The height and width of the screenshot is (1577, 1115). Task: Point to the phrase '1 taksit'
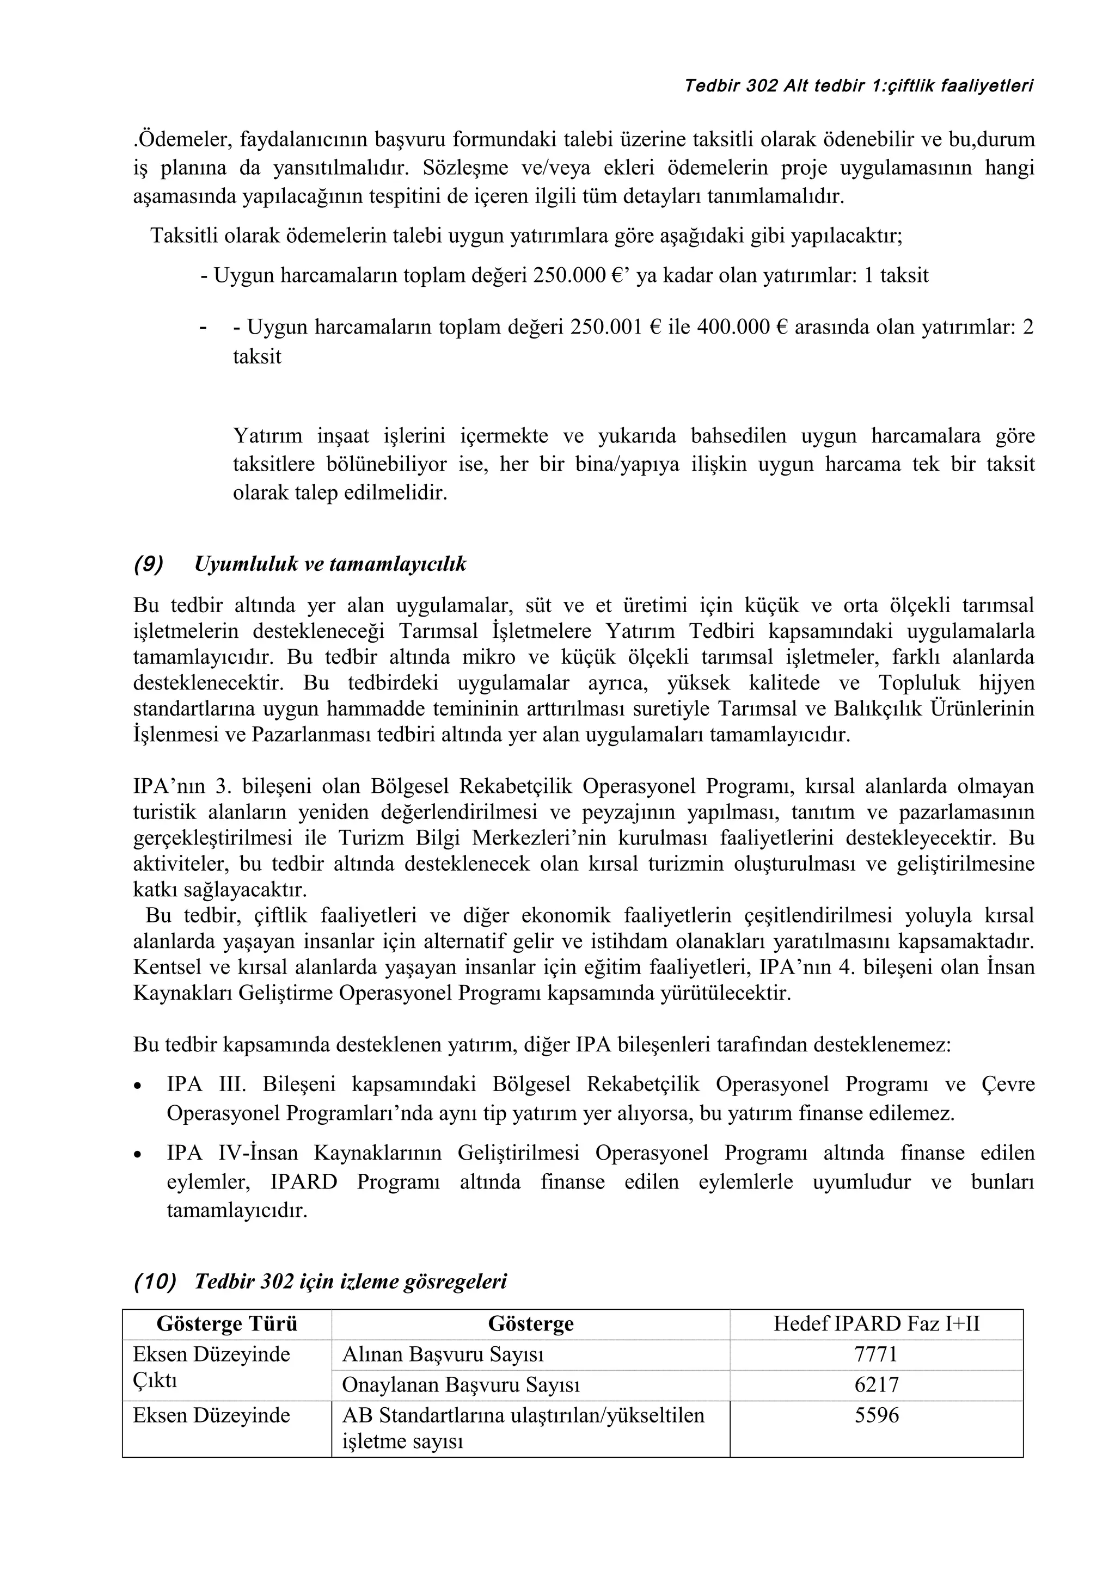(x=896, y=275)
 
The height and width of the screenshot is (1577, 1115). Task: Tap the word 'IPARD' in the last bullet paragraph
(x=304, y=1182)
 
